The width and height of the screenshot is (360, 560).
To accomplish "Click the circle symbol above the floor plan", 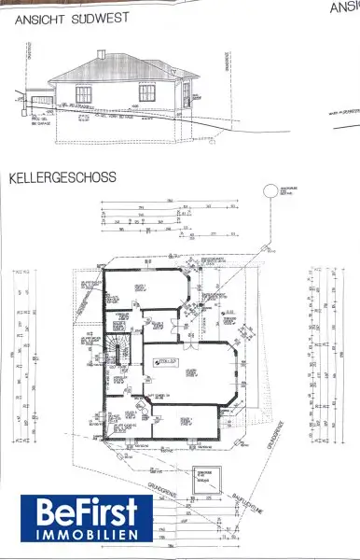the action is click(270, 191).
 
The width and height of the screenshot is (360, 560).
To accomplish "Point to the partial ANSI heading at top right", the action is click(343, 7).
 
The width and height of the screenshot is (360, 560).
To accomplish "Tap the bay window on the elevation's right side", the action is click(186, 92).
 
